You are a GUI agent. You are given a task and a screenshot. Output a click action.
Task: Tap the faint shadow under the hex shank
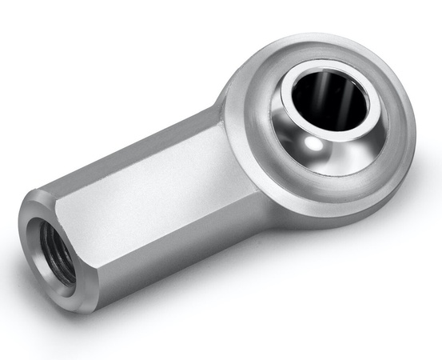160,300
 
